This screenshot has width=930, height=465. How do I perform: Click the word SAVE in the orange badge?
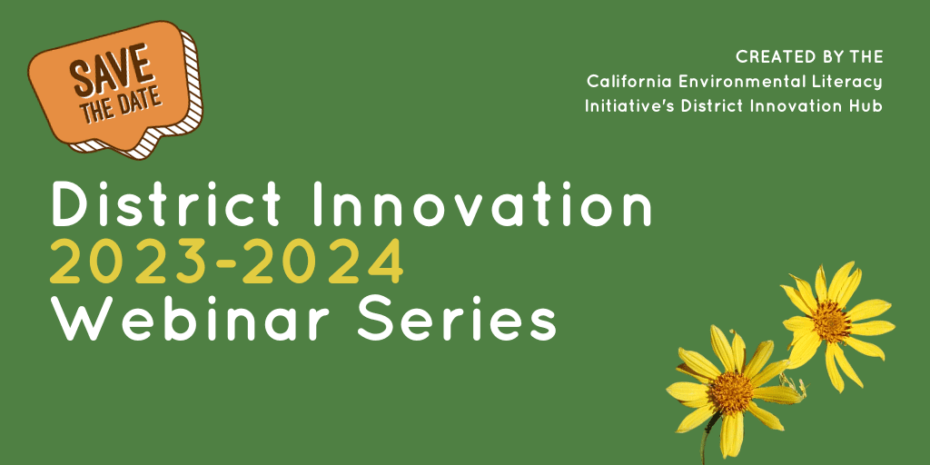point(110,70)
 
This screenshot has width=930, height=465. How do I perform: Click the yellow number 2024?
point(323,261)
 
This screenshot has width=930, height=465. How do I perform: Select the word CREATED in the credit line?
point(771,57)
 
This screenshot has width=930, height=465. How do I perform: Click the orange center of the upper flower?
point(831,322)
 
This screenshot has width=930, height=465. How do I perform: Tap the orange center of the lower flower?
point(731,392)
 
